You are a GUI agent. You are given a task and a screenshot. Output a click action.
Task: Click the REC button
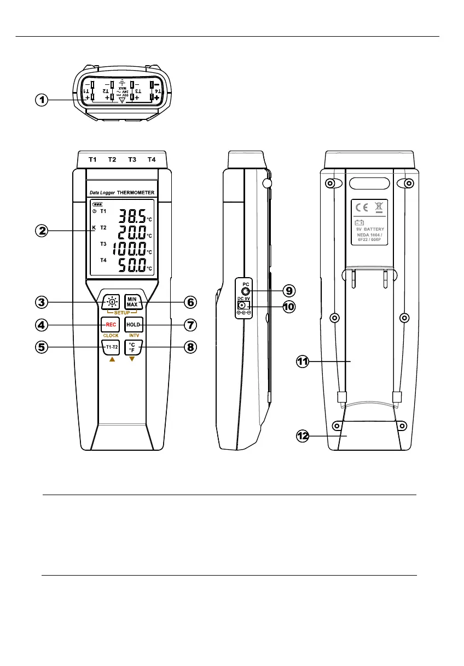click(x=109, y=324)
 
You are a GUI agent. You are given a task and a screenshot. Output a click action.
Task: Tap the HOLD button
click(x=133, y=324)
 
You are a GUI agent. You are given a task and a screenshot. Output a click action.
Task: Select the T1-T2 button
click(x=111, y=347)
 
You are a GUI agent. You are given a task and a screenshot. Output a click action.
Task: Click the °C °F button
click(x=131, y=347)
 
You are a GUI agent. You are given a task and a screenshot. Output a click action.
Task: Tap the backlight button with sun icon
click(x=111, y=301)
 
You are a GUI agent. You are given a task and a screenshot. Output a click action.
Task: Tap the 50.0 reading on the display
click(x=133, y=267)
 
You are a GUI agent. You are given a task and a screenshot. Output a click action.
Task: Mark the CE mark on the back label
click(x=362, y=208)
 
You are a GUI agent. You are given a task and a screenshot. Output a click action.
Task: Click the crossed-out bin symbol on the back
click(x=378, y=208)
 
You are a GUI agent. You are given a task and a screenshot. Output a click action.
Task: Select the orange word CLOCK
click(x=111, y=335)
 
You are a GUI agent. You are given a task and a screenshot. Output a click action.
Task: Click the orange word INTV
click(x=134, y=335)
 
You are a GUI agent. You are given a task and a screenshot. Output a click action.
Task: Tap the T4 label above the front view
click(x=152, y=159)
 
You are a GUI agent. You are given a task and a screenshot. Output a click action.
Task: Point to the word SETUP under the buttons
click(x=121, y=312)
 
